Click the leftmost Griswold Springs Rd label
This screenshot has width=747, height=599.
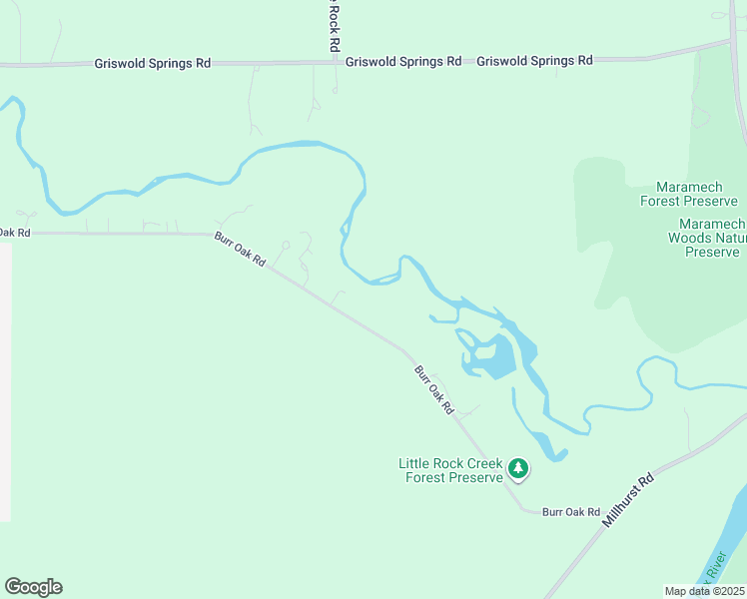click(152, 62)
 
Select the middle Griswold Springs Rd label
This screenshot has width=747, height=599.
click(403, 61)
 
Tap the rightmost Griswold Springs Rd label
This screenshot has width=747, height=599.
click(534, 60)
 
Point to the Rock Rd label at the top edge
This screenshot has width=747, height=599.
click(335, 26)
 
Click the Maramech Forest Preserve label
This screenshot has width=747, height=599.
click(696, 194)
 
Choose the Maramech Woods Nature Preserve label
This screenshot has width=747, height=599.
click(710, 238)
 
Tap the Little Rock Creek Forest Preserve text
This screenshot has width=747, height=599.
click(450, 470)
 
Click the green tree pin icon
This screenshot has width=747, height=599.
click(517, 467)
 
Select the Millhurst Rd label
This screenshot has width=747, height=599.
click(627, 501)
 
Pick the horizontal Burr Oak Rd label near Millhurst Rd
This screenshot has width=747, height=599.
click(570, 511)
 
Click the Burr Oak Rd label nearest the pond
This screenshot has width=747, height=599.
click(434, 389)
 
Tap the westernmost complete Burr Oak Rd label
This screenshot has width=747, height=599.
click(240, 249)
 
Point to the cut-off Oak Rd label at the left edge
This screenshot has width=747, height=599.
click(15, 233)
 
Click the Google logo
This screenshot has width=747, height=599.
click(33, 587)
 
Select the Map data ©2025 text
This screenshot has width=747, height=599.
click(703, 591)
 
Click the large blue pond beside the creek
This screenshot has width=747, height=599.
click(495, 357)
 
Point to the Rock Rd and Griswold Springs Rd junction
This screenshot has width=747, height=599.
click(334, 62)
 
